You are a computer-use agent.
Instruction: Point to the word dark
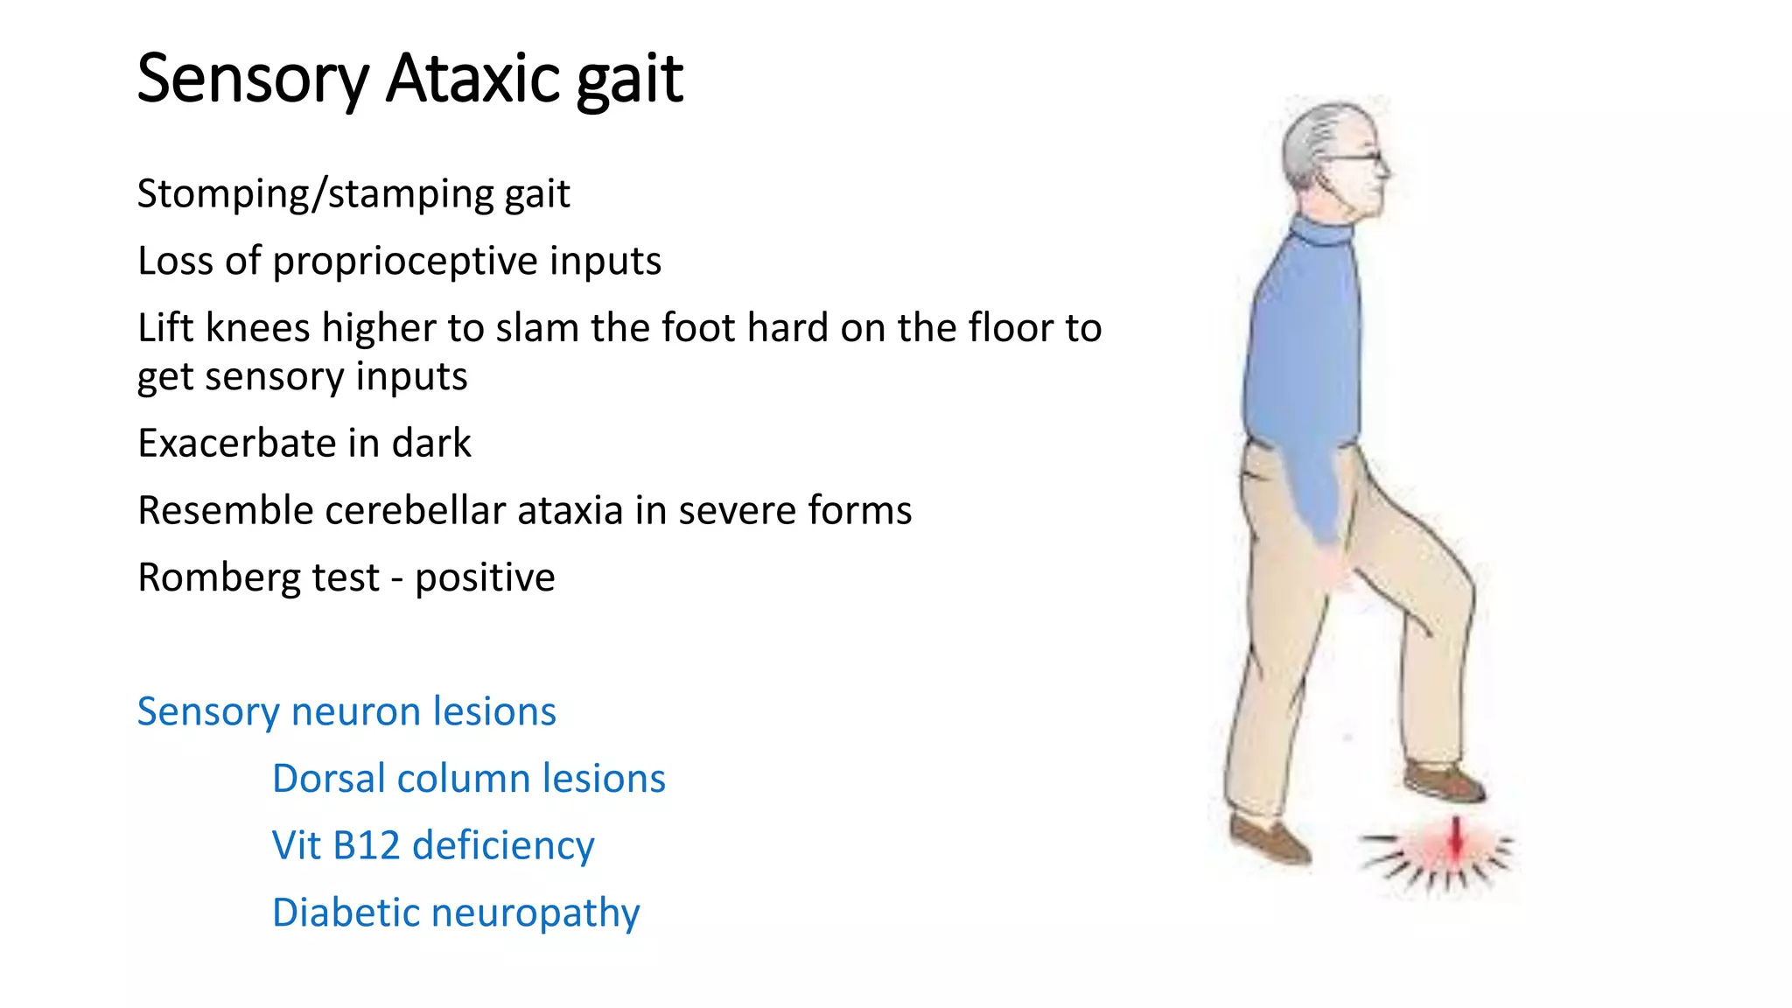click(431, 443)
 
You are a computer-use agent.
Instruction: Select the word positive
click(485, 578)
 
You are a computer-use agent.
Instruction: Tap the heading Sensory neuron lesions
click(346, 711)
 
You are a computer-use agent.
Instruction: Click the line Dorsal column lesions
click(469, 779)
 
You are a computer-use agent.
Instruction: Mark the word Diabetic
click(346, 913)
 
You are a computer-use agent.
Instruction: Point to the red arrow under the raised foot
click(1455, 838)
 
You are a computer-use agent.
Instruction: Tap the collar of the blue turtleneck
click(1321, 233)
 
